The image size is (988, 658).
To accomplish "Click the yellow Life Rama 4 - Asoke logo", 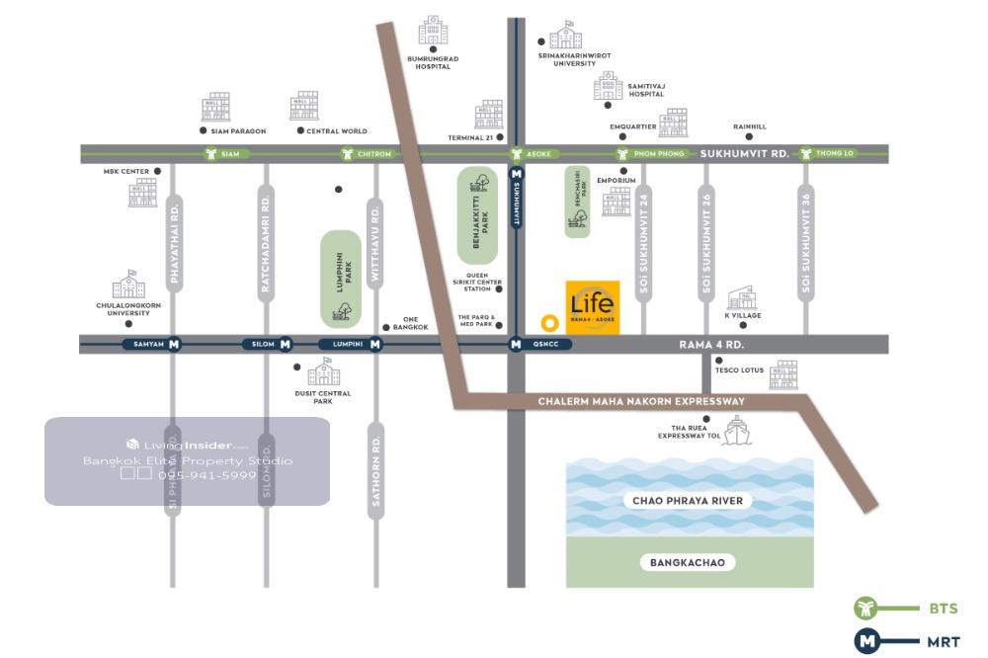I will [x=593, y=307].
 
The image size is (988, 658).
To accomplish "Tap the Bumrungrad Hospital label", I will [x=433, y=62].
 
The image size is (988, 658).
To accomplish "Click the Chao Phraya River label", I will [x=690, y=501].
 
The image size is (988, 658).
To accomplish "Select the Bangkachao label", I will [x=688, y=563].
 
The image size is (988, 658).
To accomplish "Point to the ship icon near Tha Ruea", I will [x=736, y=429].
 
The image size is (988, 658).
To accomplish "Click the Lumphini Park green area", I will [x=341, y=279].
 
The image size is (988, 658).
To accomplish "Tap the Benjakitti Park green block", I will [x=478, y=214].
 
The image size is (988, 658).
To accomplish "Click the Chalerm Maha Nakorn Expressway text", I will [x=641, y=402].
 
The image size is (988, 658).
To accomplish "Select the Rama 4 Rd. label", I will [x=711, y=344].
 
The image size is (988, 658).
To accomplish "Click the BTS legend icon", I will [x=866, y=608].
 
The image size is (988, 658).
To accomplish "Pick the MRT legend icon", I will [x=866, y=641].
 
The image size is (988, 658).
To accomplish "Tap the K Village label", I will [x=743, y=316].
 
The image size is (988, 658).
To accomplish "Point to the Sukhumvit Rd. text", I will [x=744, y=154].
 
